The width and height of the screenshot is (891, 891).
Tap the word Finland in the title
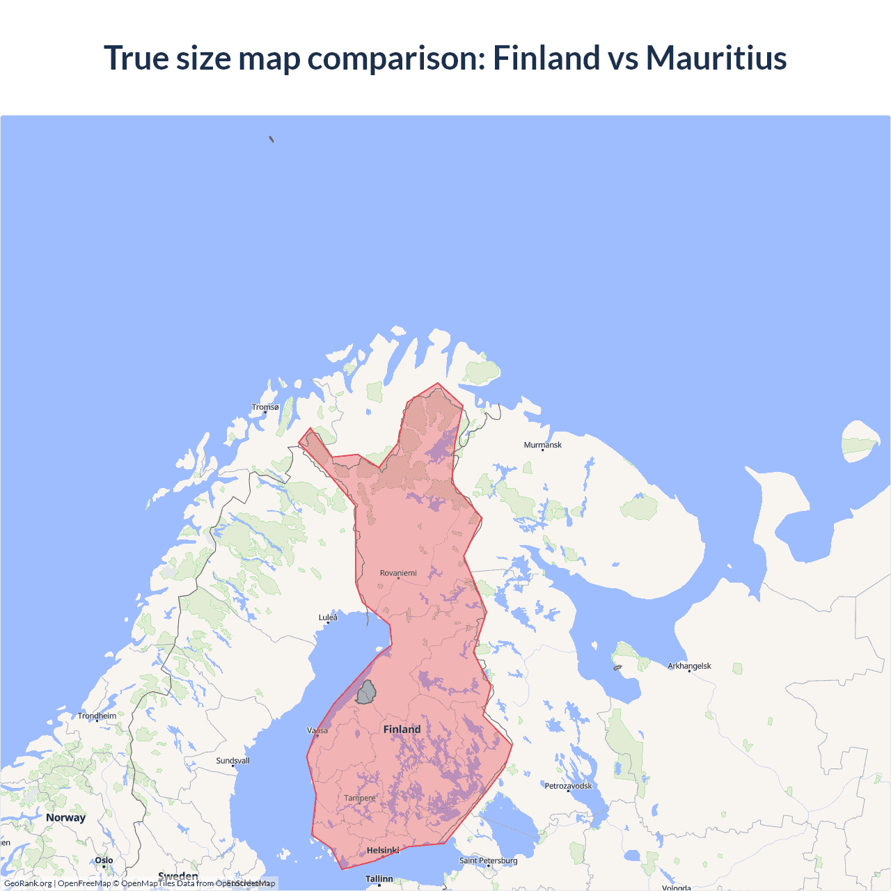coord(546,58)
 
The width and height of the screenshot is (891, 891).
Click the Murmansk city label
coord(542,445)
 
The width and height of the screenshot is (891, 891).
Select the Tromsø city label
coord(265,407)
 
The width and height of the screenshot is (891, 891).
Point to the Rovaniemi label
coord(398,573)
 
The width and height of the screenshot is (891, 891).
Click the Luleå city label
coord(328,617)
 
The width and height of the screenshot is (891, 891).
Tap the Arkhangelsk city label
coord(689,666)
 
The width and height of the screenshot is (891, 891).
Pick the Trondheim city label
coord(97,716)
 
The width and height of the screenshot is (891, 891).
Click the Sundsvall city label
coord(232,761)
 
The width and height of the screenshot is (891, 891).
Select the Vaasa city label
coord(317,730)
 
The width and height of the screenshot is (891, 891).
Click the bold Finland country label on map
coord(402,730)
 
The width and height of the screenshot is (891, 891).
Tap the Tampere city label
coord(359,798)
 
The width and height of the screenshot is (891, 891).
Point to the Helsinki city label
coord(383,851)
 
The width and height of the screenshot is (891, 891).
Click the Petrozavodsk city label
coord(568,786)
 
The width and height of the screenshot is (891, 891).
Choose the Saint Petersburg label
coord(488,861)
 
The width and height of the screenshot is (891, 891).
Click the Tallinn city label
coord(379,879)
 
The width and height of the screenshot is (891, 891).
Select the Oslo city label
coord(104,860)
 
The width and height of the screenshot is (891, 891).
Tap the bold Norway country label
coord(65,817)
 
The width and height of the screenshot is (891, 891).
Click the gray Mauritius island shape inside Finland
coord(366,693)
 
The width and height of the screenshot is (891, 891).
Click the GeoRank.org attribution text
coord(28,883)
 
